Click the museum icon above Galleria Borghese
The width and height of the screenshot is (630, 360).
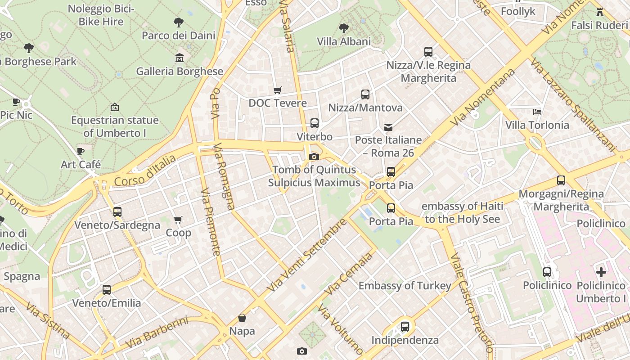179,58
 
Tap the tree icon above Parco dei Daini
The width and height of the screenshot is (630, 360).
179,22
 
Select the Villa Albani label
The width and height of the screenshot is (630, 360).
344,42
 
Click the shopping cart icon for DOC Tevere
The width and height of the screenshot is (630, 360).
278,90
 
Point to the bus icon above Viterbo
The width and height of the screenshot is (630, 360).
315,123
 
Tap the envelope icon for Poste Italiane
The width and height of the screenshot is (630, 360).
388,127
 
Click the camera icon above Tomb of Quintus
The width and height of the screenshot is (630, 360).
314,157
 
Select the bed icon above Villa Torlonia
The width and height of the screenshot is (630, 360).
537,112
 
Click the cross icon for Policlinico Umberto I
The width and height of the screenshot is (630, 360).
601,272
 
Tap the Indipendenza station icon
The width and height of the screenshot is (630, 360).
405,327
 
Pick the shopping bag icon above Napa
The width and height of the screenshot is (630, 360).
242,318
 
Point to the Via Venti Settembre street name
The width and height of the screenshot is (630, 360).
307,254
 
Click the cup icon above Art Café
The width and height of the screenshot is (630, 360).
81,151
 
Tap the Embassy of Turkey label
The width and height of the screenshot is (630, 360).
405,286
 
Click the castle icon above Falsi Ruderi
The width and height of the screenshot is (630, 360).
599,12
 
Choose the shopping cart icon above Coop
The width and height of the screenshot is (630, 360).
178,220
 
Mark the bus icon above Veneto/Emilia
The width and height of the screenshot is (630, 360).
107,290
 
